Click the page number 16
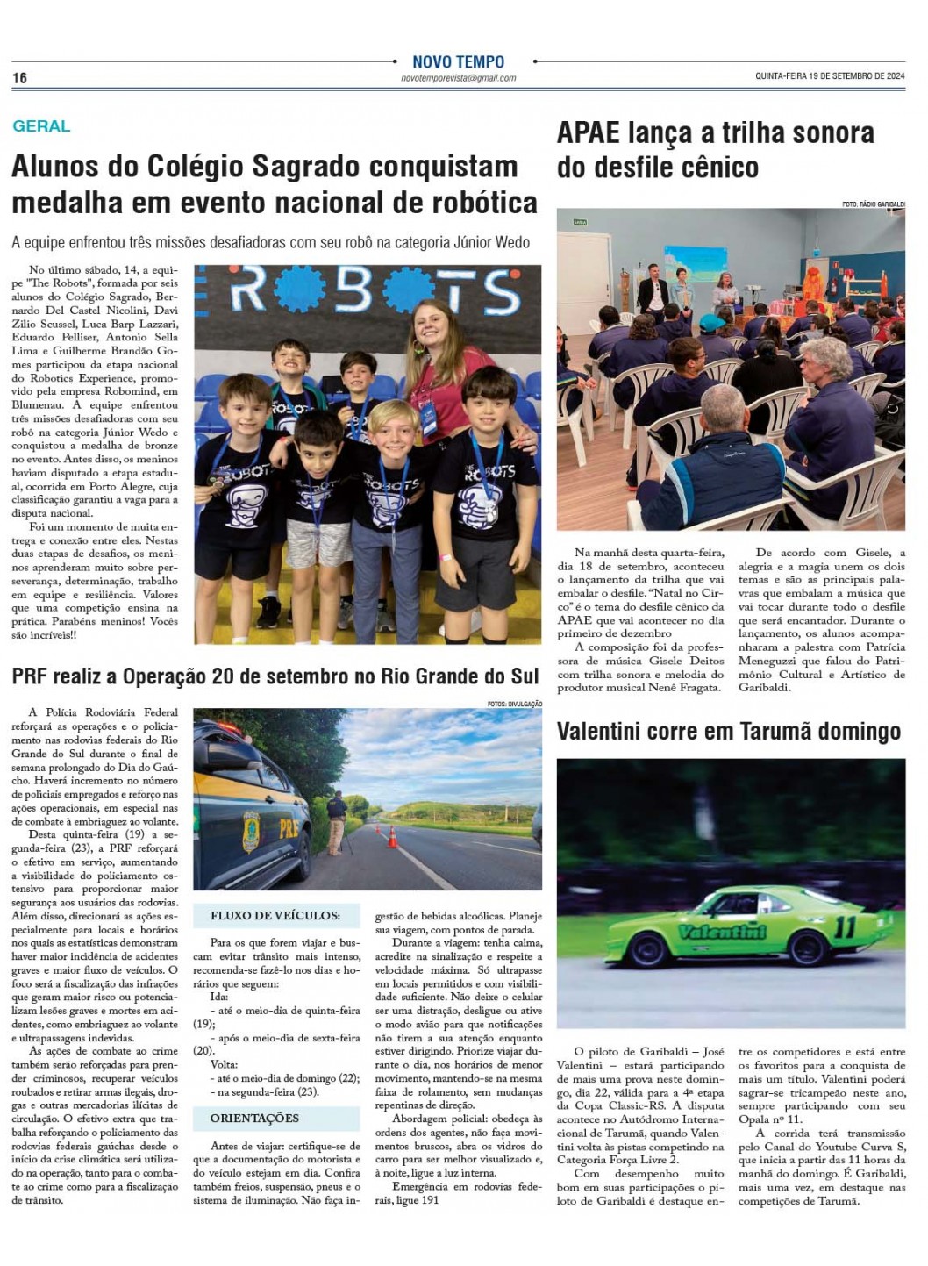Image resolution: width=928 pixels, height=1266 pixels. pos(19,78)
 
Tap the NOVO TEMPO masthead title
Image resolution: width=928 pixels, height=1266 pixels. pos(458,62)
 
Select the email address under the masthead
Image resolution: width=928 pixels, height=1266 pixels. pos(458,78)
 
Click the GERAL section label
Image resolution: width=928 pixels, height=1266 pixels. pos(41,126)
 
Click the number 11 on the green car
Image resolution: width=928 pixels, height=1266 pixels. pos(846,926)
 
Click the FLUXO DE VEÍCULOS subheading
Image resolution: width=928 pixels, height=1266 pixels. pos(275,916)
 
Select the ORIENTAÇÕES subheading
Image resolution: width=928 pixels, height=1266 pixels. pos(254,1119)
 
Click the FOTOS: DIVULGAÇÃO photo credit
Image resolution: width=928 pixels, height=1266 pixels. pos(515,704)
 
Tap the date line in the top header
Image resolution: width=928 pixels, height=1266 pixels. pos(830,76)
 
